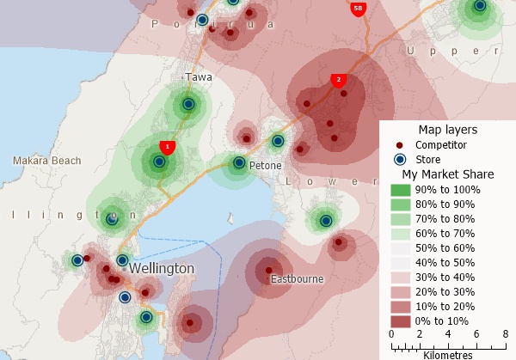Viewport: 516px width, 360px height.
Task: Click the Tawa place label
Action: pyautogui.click(x=199, y=77)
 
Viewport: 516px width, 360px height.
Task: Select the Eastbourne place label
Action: pyautogui.click(x=297, y=280)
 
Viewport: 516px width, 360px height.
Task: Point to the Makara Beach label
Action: pyautogui.click(x=47, y=161)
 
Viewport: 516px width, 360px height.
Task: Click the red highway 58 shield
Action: pyautogui.click(x=358, y=9)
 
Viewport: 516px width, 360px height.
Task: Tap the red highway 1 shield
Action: pyautogui.click(x=168, y=147)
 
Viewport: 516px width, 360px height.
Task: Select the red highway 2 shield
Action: pyautogui.click(x=339, y=80)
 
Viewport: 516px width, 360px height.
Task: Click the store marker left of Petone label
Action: pyautogui.click(x=239, y=162)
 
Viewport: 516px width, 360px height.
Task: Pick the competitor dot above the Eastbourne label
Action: pyautogui.click(x=269, y=265)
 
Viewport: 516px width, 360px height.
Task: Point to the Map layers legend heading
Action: pyautogui.click(x=447, y=130)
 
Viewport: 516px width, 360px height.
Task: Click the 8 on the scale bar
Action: pyautogui.click(x=504, y=333)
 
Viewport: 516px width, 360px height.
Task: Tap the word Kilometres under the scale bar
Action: pyautogui.click(x=447, y=354)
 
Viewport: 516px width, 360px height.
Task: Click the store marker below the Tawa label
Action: pyautogui.click(x=187, y=106)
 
